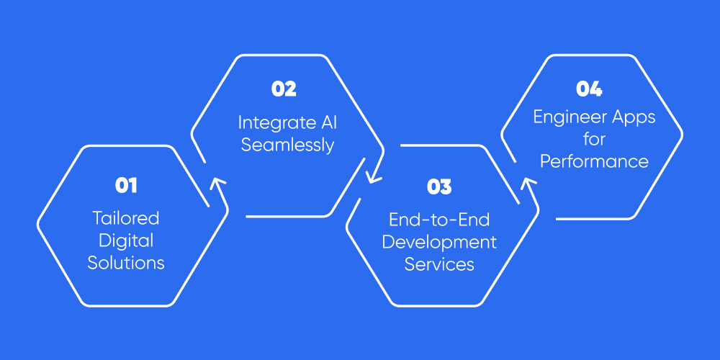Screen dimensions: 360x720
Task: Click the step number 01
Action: click(126, 186)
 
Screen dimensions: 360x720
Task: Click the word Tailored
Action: click(126, 217)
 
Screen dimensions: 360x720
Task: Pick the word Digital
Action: click(126, 240)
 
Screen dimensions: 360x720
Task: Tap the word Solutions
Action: click(126, 262)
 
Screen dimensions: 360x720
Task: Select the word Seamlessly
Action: click(287, 144)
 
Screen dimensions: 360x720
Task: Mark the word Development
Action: click(439, 242)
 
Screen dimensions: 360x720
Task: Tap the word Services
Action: click(439, 264)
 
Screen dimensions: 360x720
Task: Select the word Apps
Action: click(635, 117)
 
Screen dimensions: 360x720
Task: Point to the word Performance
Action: click(594, 161)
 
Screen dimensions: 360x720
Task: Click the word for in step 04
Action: click(594, 139)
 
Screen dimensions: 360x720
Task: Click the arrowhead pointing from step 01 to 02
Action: click(217, 184)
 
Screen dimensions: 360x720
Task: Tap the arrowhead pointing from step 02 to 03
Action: click(374, 175)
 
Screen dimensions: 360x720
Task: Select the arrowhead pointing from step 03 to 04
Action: click(529, 185)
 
